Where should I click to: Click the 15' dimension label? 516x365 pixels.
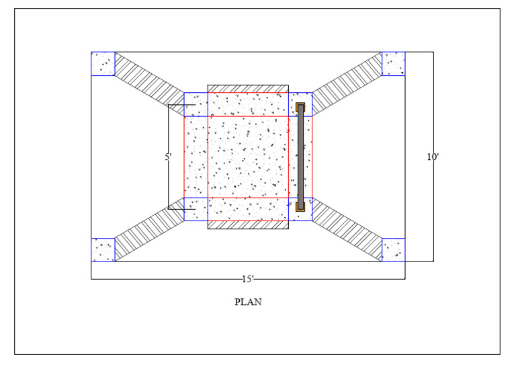[x=248, y=280]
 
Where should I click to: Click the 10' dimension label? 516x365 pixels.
[x=433, y=157]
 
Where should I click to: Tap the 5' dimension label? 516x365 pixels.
[x=168, y=157]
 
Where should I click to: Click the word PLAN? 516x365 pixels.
[x=248, y=302]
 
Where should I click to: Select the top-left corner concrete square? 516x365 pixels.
[x=103, y=64]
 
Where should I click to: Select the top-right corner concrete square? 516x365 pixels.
[x=393, y=64]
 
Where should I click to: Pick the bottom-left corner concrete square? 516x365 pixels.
[x=103, y=250]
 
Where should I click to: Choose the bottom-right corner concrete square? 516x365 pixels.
[x=393, y=250]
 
